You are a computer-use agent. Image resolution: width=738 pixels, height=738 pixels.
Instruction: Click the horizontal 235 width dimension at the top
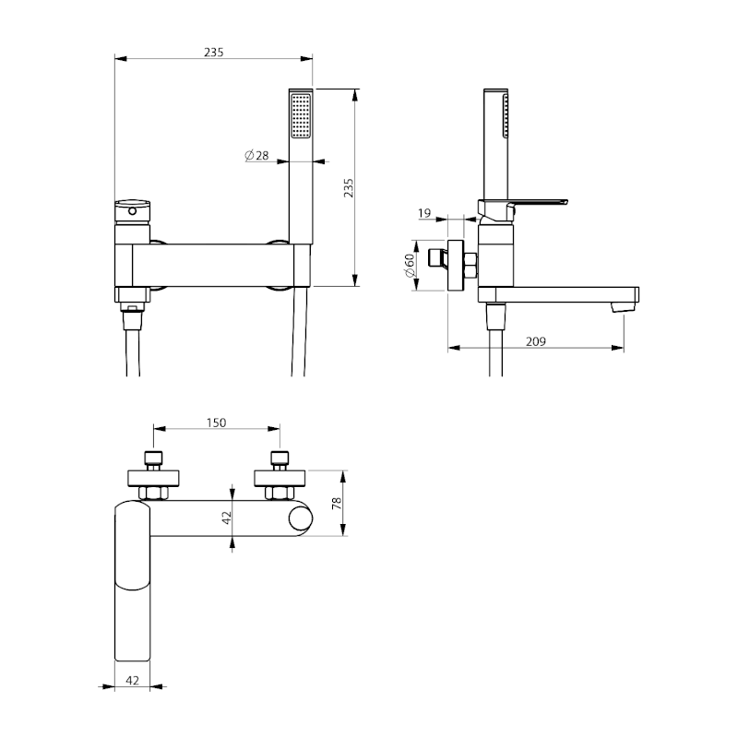[214, 53]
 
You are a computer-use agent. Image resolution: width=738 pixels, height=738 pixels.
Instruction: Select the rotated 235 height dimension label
[349, 188]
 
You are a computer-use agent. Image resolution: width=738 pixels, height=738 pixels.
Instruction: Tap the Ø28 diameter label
[257, 155]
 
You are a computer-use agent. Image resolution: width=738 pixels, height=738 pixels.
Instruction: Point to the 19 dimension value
[424, 213]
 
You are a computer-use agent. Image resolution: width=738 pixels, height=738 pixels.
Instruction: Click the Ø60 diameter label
[410, 266]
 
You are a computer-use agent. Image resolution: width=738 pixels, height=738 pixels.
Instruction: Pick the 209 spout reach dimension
[536, 341]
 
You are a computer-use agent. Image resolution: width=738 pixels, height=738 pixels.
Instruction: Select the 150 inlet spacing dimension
[216, 423]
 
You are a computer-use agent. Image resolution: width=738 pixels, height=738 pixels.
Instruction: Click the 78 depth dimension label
[337, 504]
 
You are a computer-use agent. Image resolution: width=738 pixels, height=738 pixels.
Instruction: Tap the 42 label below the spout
[133, 680]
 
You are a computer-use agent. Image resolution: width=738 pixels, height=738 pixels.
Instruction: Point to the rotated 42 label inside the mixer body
[227, 518]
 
